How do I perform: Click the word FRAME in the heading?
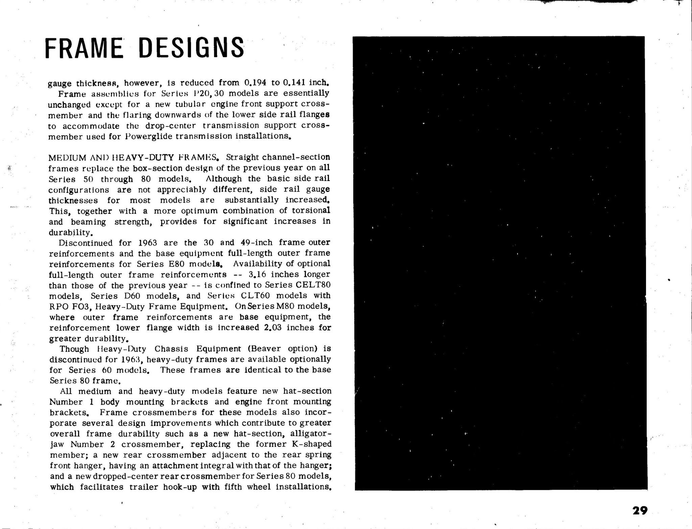(84, 48)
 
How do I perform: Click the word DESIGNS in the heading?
(191, 48)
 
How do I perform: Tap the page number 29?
(640, 510)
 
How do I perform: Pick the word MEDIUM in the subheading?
(68, 158)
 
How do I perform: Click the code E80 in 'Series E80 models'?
(175, 264)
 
